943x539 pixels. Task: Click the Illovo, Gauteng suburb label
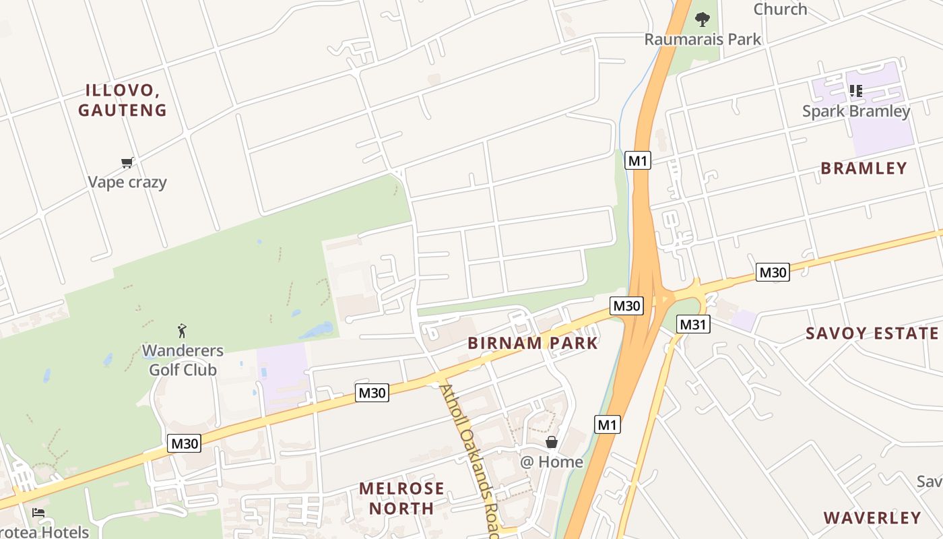point(122,100)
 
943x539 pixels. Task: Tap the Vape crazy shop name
point(127,182)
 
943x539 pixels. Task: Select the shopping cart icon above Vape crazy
point(127,162)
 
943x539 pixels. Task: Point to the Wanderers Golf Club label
point(183,360)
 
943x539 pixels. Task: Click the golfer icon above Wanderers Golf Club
point(182,331)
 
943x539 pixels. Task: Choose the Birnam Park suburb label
point(533,343)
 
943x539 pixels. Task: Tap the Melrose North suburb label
point(401,498)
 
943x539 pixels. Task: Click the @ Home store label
point(552,462)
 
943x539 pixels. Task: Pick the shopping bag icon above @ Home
point(552,442)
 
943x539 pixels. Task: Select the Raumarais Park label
point(703,39)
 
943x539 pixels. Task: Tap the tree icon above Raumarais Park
point(703,19)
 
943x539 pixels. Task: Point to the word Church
point(780,9)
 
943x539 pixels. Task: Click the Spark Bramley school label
point(856,111)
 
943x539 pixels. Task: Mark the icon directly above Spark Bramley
point(856,90)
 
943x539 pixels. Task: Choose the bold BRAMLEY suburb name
point(864,168)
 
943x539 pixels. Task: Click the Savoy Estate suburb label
point(872,333)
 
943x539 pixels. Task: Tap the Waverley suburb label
point(872,517)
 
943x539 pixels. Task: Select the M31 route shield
point(693,325)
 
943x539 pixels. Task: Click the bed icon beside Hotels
point(38,513)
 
